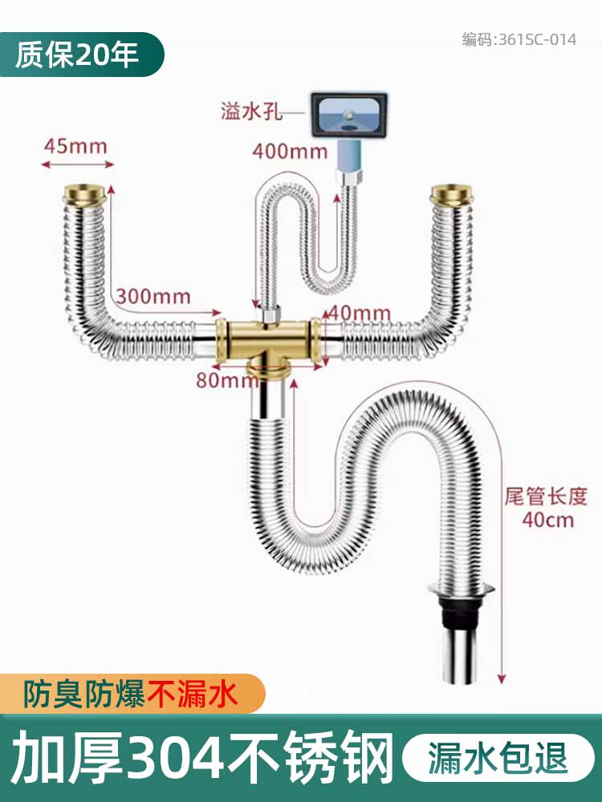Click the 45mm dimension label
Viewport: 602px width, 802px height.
tap(75, 146)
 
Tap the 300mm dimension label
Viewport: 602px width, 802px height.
tap(153, 297)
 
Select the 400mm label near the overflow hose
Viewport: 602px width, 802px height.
tap(290, 150)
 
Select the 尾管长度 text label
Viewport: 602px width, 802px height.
tap(546, 495)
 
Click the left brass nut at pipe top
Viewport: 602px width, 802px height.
tap(83, 194)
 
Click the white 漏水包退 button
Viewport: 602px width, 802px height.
tap(498, 758)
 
